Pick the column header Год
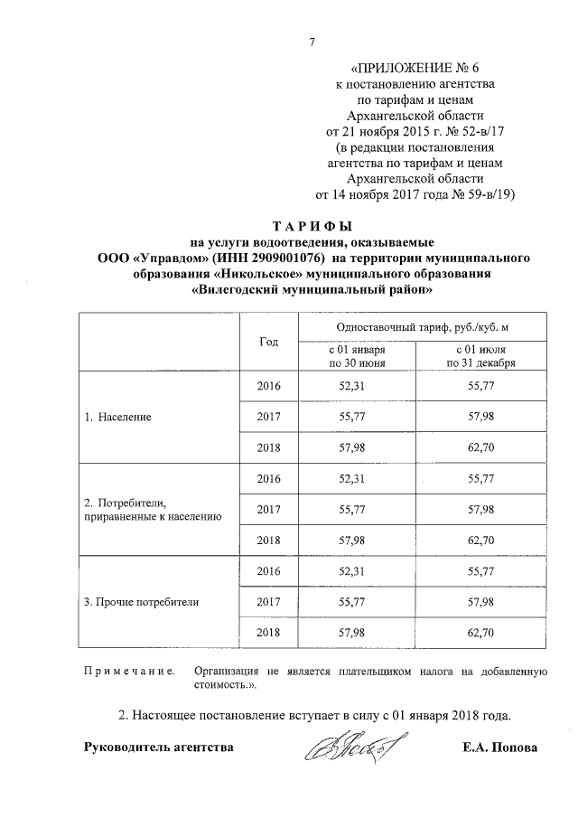(x=268, y=342)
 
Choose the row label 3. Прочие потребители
(x=141, y=600)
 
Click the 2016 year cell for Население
(x=268, y=387)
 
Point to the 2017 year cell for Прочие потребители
(x=268, y=600)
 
